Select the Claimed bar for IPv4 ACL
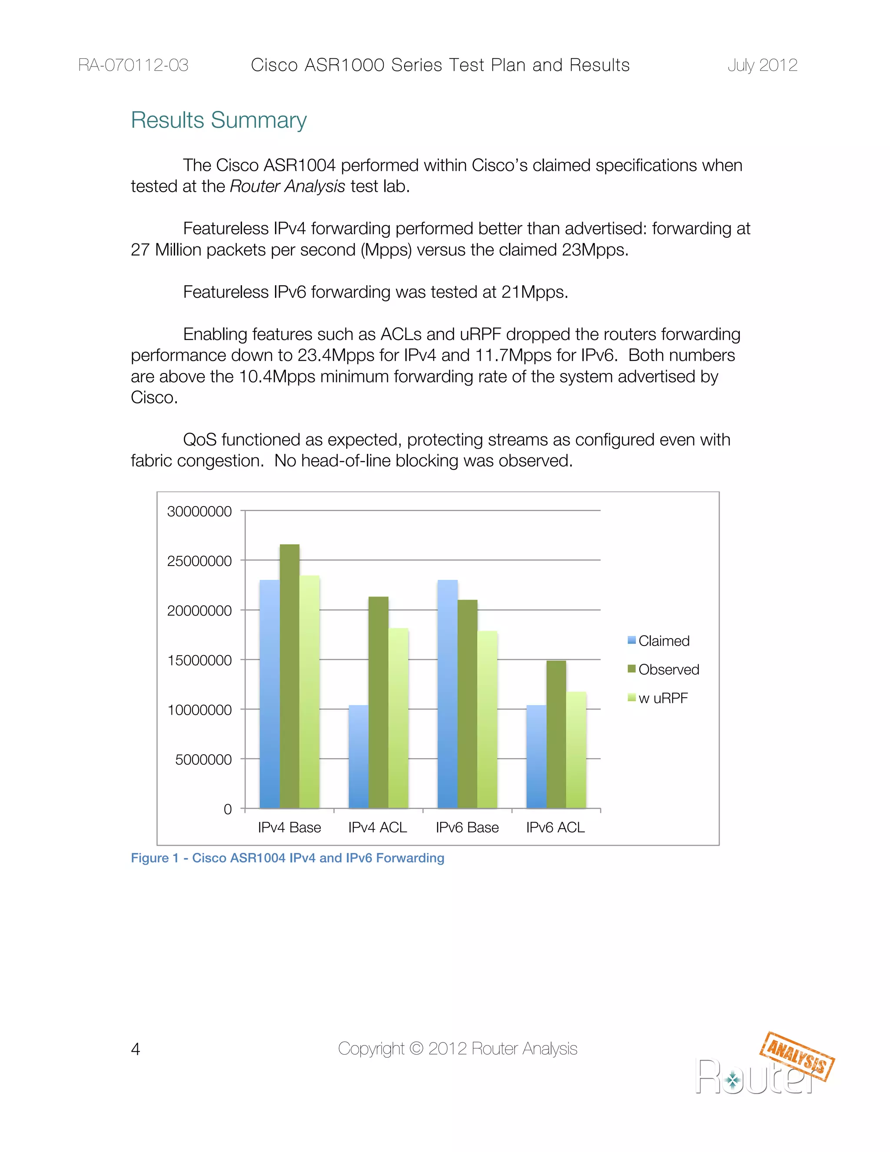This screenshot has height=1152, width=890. point(359,756)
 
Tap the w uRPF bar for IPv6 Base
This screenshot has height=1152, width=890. point(487,719)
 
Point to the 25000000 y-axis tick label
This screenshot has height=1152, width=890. point(199,561)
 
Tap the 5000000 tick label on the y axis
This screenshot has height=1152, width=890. point(203,759)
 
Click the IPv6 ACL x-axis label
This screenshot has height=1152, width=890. point(555,828)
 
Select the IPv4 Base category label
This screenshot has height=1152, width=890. point(289,828)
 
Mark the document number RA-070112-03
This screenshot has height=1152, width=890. point(133,65)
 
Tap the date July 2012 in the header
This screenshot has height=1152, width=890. point(762,65)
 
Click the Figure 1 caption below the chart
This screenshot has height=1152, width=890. point(287,858)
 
